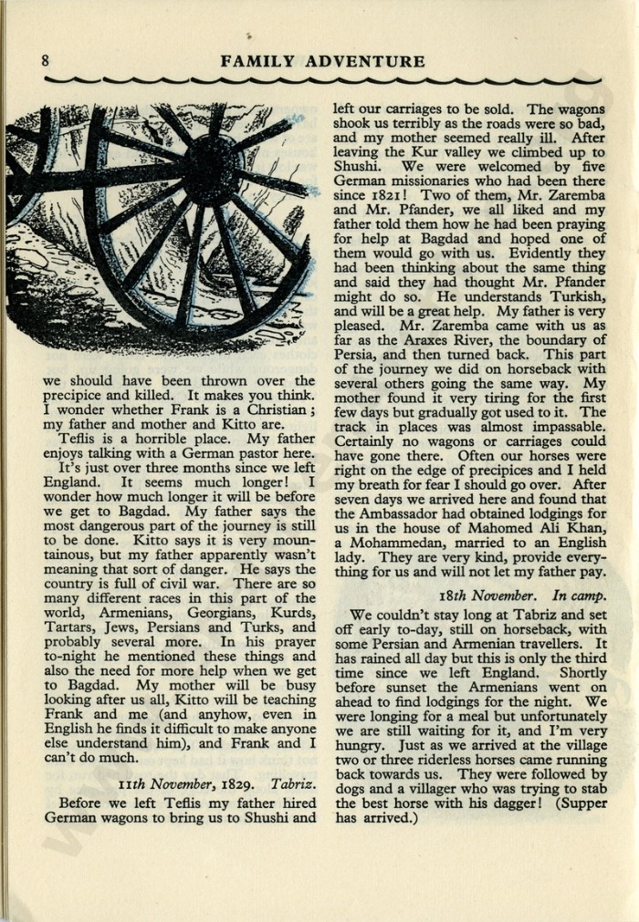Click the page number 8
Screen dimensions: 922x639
coord(45,62)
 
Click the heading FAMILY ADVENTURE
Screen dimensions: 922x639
coord(322,62)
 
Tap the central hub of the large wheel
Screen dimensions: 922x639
coord(213,171)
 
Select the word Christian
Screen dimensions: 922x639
coord(278,410)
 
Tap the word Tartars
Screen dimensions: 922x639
coord(69,627)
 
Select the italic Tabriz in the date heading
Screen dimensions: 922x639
coord(293,784)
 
